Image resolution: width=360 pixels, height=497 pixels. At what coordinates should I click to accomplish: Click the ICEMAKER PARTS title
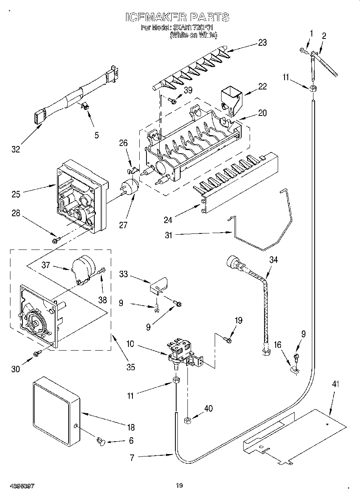tap(177, 17)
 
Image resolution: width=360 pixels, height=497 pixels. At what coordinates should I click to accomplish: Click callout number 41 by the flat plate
tap(335, 384)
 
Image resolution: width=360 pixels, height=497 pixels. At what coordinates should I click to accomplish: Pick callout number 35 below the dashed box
tap(130, 367)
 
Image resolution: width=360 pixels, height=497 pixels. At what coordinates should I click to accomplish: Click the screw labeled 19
tap(228, 340)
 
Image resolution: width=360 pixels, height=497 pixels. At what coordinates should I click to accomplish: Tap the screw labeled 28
tap(55, 240)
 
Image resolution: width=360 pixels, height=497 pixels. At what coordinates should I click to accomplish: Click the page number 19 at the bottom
tap(179, 486)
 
